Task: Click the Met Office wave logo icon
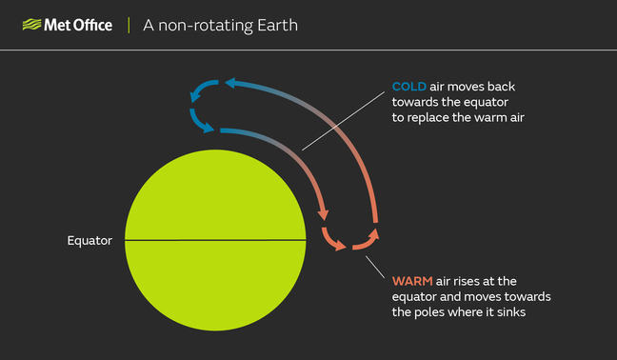click(x=31, y=25)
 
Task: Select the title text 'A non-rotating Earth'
click(x=220, y=26)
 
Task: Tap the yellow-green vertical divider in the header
click(x=129, y=25)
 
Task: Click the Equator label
click(x=90, y=240)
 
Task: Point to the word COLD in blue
click(x=409, y=87)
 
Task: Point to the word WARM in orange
click(x=412, y=281)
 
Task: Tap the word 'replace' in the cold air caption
click(x=426, y=118)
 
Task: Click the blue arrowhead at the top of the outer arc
click(x=230, y=83)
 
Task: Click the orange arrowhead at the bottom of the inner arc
click(x=323, y=214)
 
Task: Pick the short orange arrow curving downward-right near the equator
click(x=332, y=239)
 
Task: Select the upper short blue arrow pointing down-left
click(x=202, y=90)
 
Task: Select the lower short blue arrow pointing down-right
click(x=200, y=122)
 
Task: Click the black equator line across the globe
click(x=215, y=240)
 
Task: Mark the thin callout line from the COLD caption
click(x=343, y=121)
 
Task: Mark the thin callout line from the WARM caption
click(x=375, y=268)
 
